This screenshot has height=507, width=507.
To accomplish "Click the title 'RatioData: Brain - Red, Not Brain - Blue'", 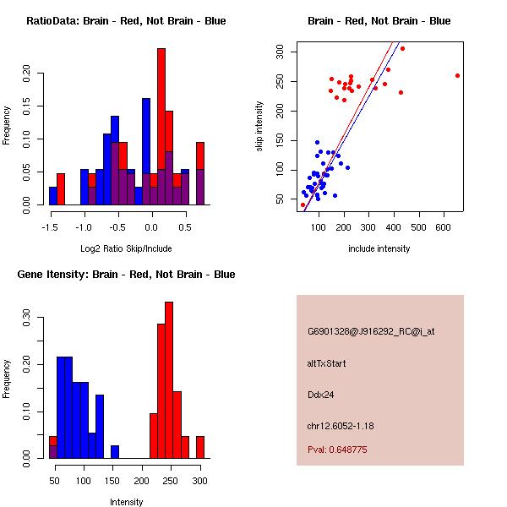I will (x=126, y=21).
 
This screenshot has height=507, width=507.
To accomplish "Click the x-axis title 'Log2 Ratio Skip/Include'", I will (x=125, y=248).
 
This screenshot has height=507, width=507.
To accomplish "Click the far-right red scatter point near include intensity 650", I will (x=457, y=75).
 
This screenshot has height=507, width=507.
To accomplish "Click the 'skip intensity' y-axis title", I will (x=259, y=126).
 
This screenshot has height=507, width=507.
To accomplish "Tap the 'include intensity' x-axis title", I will (x=379, y=248).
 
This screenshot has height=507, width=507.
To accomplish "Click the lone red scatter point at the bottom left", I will (x=303, y=204).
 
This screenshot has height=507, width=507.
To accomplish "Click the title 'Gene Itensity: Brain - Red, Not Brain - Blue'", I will (x=126, y=275).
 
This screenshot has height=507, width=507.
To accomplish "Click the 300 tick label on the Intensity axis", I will (x=199, y=481).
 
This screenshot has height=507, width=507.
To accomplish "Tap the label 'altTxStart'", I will (x=326, y=363).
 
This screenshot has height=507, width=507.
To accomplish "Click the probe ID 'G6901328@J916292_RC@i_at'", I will (x=371, y=332).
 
